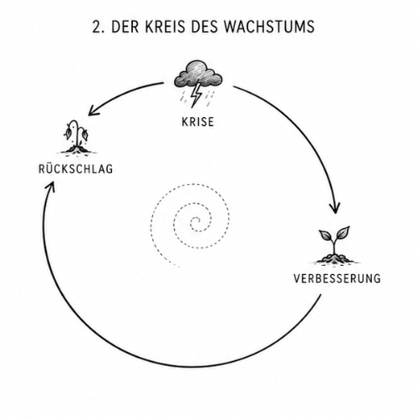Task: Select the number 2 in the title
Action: point(96,27)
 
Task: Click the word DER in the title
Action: point(125,27)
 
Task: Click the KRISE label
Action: point(198,122)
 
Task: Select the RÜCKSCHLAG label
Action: point(76,168)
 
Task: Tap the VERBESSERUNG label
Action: point(337,278)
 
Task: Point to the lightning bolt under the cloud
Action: point(196,94)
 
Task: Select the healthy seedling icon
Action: point(334,245)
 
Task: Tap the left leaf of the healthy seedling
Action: point(325,236)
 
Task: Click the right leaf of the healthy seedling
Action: point(342,232)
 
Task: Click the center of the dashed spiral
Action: point(196,223)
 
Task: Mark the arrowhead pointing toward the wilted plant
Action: point(93,111)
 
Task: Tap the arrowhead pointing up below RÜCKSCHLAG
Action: point(50,186)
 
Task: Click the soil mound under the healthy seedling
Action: point(334,258)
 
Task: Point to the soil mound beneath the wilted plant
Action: point(78,150)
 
